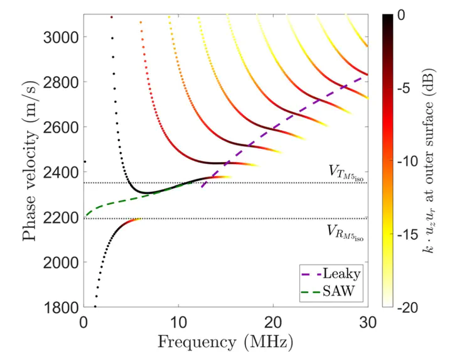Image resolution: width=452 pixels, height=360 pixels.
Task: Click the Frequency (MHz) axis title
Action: (225, 342)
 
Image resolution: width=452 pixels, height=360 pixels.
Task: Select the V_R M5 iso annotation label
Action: (346, 232)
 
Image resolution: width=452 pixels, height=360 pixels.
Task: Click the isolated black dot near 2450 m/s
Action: (85, 161)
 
